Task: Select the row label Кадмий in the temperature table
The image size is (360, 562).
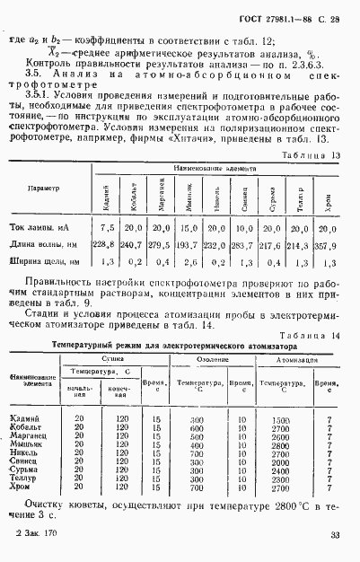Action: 27,420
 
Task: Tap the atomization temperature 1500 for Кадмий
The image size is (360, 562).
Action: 280,420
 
